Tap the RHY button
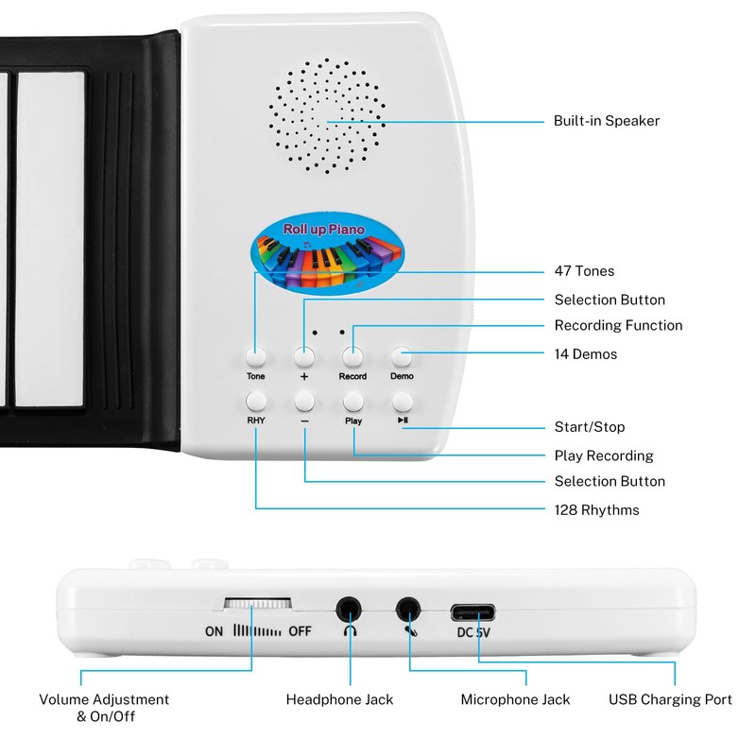click(255, 401)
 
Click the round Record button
click(352, 357)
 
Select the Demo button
click(402, 357)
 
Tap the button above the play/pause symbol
click(403, 401)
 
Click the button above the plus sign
click(304, 357)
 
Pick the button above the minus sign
click(304, 401)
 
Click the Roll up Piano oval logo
click(327, 252)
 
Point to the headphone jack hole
click(349, 610)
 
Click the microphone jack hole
click(408, 610)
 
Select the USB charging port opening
click(472, 612)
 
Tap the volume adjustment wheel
click(257, 603)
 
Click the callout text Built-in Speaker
click(606, 121)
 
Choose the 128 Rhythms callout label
click(596, 509)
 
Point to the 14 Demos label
click(585, 353)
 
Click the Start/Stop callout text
click(589, 427)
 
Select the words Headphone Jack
click(339, 699)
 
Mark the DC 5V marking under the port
click(473, 632)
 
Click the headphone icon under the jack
click(350, 630)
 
